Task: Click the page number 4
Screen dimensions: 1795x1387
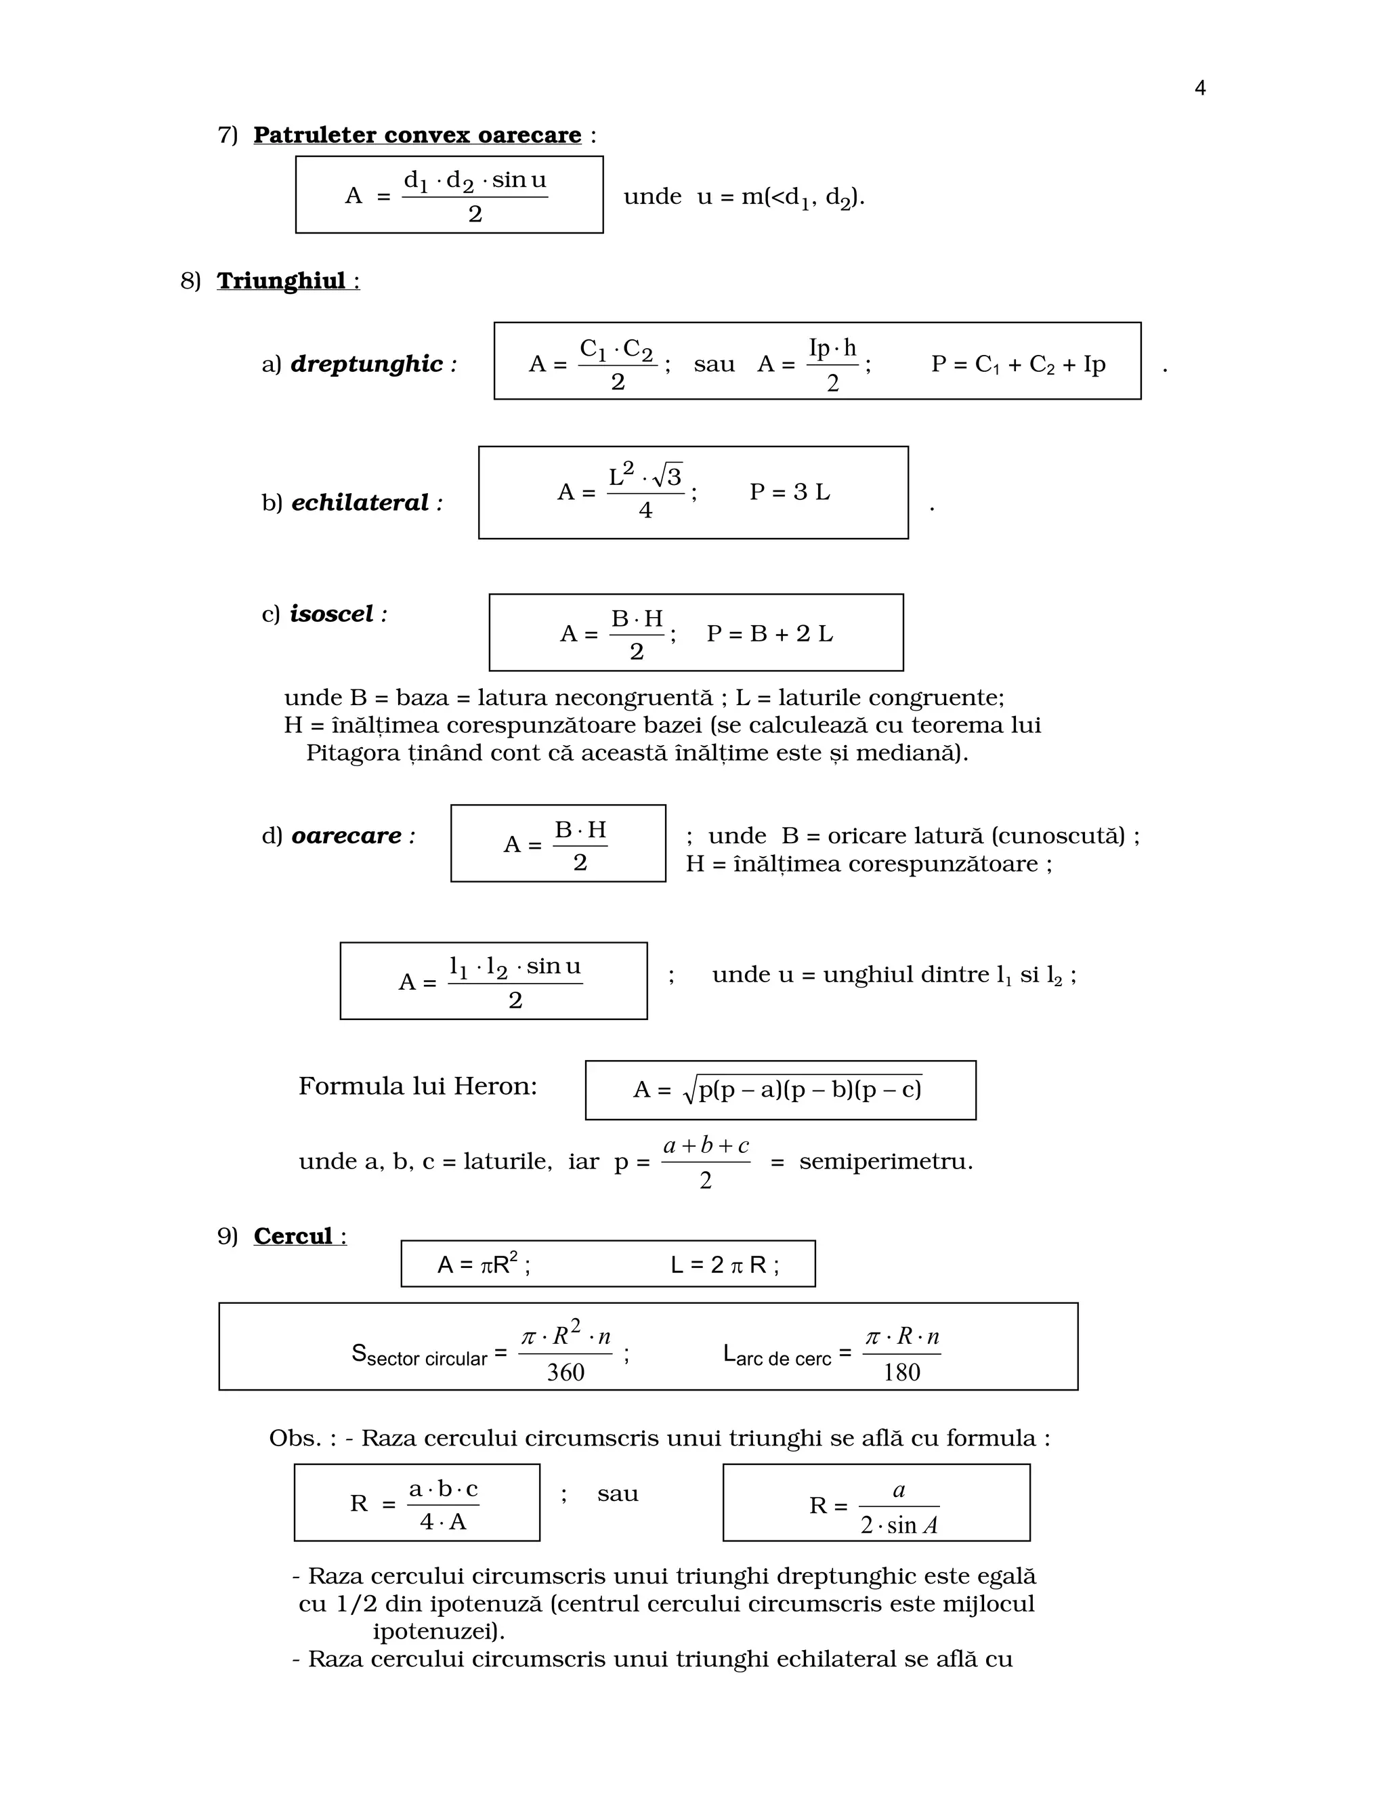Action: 1199,88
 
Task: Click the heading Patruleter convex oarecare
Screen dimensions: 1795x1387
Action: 417,135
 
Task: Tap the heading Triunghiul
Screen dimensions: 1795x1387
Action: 281,281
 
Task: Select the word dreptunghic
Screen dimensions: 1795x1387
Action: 366,364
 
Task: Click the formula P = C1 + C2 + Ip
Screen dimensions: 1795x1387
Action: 1018,364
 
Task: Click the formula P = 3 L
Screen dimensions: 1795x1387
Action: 790,492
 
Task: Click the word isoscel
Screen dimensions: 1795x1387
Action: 331,613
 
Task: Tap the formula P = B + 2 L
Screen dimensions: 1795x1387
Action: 769,634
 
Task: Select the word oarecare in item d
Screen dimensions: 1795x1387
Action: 347,836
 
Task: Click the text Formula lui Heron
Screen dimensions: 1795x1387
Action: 417,1086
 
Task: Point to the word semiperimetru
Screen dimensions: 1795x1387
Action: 885,1162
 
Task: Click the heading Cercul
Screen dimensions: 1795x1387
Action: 293,1236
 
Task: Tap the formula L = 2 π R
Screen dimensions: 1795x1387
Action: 724,1265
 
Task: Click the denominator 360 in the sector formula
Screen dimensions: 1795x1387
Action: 566,1372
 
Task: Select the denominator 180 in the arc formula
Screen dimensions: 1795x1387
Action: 901,1372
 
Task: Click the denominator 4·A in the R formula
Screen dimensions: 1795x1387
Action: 443,1522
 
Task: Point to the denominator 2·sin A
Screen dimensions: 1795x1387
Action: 899,1525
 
